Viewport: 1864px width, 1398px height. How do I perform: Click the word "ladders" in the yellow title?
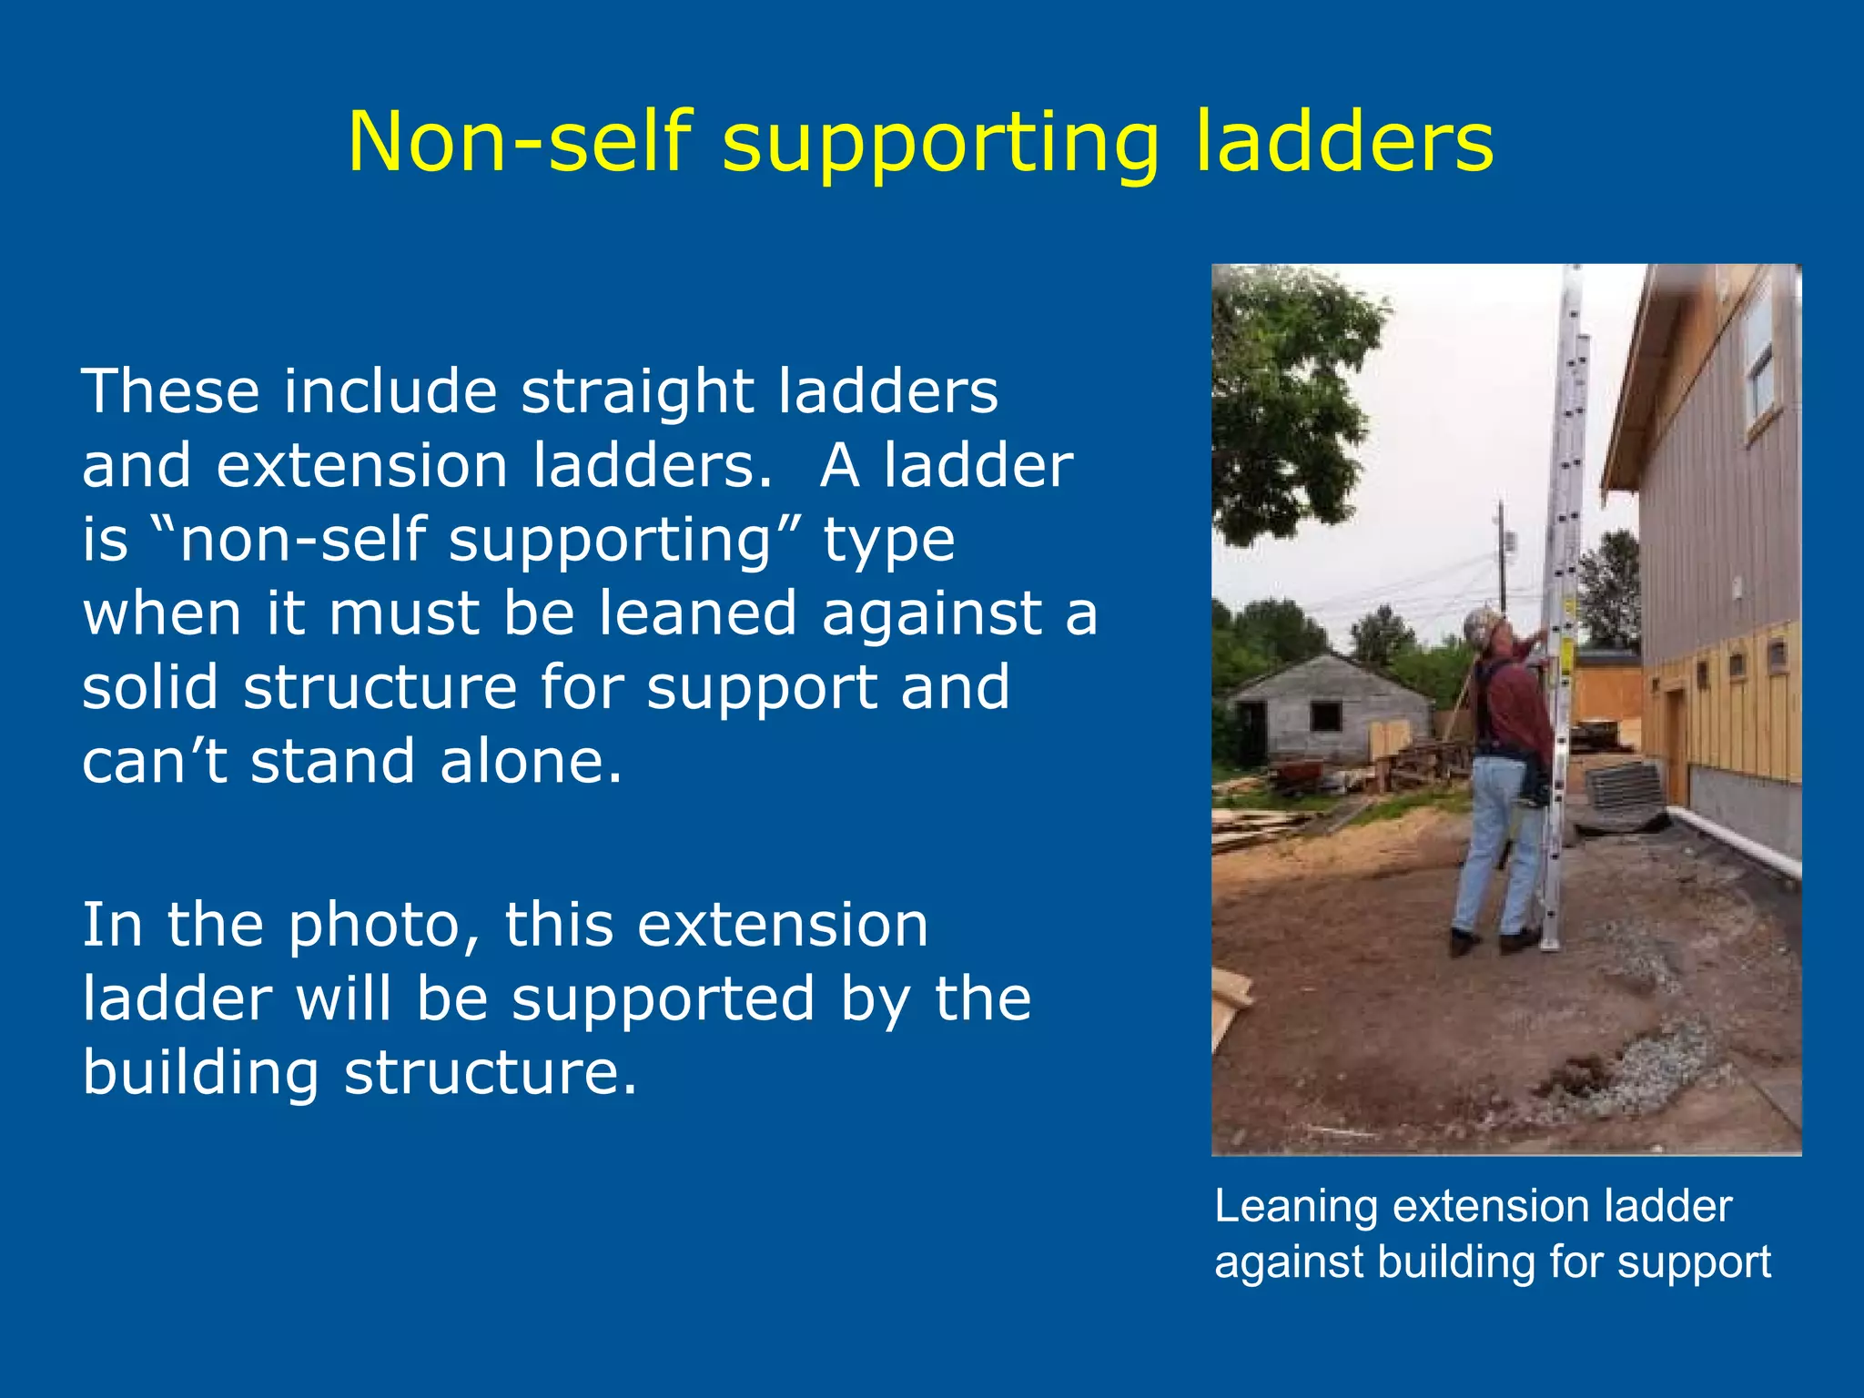(x=1344, y=142)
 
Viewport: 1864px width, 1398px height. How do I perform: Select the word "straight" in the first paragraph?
(x=637, y=391)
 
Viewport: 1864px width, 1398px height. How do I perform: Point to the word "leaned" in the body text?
(x=698, y=613)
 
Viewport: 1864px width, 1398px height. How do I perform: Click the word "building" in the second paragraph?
(x=200, y=1072)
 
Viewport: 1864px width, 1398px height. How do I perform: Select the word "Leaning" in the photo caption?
(x=1296, y=1207)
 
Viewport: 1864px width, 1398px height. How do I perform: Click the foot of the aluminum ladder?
(x=1549, y=942)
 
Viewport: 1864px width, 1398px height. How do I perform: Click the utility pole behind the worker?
(x=1502, y=555)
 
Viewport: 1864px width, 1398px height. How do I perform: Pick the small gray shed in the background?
(x=1329, y=710)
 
